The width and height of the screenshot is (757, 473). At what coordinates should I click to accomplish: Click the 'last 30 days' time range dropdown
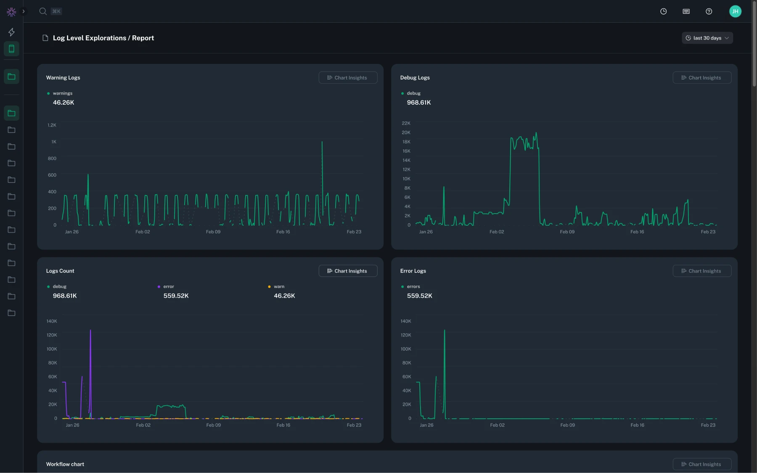707,38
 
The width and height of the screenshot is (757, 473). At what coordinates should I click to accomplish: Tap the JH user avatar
735,11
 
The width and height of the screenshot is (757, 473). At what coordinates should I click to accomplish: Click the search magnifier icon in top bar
43,11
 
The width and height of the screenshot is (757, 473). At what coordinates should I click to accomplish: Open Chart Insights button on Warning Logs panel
347,78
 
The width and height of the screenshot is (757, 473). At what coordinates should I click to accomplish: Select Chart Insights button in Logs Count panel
347,271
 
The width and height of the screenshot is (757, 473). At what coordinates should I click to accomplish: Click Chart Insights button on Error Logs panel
701,271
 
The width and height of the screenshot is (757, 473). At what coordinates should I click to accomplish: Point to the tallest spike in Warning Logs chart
322,142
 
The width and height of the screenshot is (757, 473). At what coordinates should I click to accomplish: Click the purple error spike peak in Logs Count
90,330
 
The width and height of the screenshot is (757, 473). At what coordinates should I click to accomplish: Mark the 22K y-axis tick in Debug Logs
406,123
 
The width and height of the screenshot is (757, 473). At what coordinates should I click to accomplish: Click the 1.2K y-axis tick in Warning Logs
52,125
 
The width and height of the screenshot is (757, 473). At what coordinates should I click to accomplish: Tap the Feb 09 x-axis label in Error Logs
567,425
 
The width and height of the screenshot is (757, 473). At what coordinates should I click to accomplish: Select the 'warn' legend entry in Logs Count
279,286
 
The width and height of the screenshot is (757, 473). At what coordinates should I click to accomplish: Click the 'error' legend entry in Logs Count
168,286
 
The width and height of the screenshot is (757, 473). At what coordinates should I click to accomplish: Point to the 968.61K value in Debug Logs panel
418,103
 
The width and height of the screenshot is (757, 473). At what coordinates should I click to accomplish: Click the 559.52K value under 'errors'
419,296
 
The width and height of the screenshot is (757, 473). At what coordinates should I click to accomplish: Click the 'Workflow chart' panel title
65,464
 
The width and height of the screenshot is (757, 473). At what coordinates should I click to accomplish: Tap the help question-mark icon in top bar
709,11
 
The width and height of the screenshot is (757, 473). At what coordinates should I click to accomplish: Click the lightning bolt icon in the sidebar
11,32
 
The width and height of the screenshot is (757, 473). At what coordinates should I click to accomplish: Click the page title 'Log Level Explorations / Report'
103,38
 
